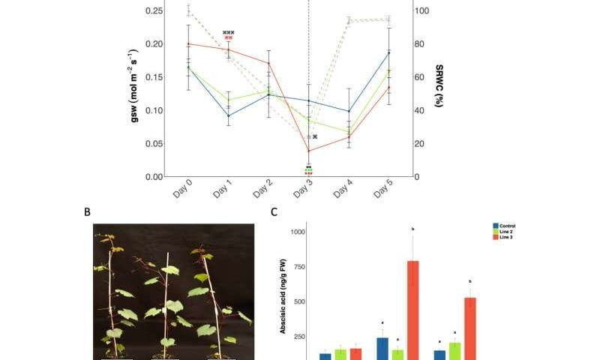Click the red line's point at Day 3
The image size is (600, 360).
pos(308,151)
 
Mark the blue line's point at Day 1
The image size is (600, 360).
pos(229,115)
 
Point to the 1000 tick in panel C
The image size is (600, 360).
pos(298,232)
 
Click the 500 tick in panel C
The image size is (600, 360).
pos(300,302)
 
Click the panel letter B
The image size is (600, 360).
pos(88,212)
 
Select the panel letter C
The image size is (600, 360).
pos(274,212)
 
